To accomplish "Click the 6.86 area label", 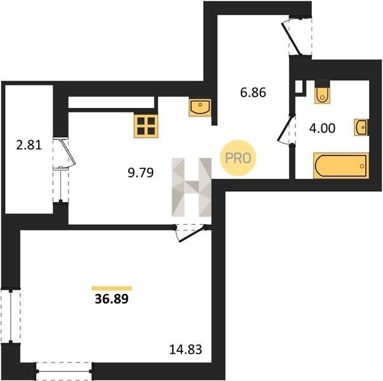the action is click(253, 93).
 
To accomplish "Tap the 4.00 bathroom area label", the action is click(322, 128).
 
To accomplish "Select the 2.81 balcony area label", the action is click(29, 145).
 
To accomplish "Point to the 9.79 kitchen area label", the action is click(141, 173).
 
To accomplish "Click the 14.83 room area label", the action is click(185, 349).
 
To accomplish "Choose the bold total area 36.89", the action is click(112, 298).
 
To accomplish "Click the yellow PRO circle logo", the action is click(238, 158).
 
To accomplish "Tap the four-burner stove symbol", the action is click(146, 126).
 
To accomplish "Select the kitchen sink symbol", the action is click(200, 107).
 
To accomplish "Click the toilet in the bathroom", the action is click(323, 92).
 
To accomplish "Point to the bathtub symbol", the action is click(341, 166).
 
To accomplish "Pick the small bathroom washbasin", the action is click(361, 127).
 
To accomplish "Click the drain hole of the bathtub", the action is click(362, 166).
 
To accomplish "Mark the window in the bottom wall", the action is click(64, 371).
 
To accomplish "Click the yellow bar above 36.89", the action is click(112, 288).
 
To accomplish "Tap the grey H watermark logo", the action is click(192, 187).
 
